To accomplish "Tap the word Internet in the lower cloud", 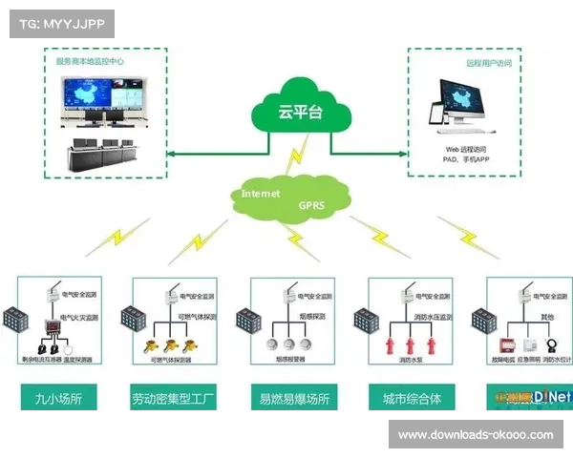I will (261, 193).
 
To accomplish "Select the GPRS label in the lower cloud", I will (312, 204).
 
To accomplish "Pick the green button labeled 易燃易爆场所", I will (295, 397).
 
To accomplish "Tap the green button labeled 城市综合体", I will (410, 397).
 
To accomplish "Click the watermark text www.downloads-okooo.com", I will (475, 434).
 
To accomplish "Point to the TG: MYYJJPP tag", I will (61, 23).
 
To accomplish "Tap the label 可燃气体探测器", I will (173, 362).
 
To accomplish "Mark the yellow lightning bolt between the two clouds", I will (298, 153).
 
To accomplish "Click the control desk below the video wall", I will (105, 153).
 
